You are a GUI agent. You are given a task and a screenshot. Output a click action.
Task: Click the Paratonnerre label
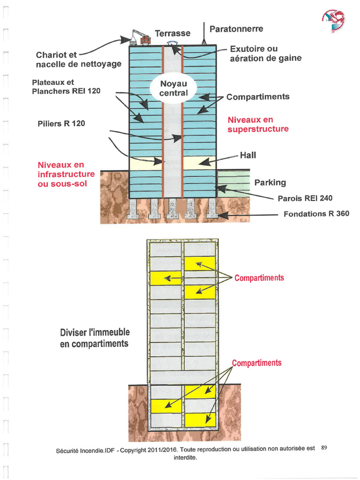tap(236, 29)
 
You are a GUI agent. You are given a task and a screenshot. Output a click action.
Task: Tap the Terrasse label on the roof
tap(172, 33)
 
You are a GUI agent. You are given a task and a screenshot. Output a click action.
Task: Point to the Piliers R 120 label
tap(61, 124)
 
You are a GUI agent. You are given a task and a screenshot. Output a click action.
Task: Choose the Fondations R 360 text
tap(316, 214)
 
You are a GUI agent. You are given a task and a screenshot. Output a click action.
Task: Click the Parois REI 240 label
tap(305, 198)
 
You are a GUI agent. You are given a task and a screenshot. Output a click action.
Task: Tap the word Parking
tap(270, 182)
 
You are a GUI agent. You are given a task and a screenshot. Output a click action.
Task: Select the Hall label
tap(248, 155)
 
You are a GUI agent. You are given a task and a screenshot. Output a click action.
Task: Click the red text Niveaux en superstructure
tap(258, 125)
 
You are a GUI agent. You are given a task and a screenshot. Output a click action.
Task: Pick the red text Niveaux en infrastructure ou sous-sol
tap(66, 174)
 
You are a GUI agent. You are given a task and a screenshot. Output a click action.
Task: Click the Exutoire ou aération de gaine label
tap(265, 53)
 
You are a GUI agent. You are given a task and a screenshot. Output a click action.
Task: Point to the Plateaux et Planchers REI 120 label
tap(66, 87)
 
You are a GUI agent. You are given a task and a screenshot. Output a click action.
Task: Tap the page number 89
tap(324, 448)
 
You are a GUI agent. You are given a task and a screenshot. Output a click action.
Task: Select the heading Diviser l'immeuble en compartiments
tap(95, 338)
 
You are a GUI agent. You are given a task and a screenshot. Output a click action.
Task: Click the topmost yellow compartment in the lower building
tap(200, 263)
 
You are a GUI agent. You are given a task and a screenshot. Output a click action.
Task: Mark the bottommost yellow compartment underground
tap(200, 420)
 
